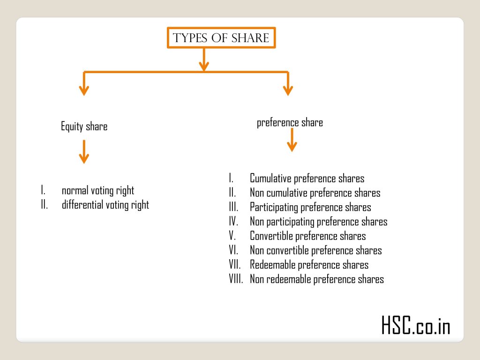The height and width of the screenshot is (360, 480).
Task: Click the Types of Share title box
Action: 221,38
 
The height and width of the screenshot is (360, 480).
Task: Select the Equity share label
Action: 84,127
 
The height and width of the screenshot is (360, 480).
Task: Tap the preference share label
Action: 290,123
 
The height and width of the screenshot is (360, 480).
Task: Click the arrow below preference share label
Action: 292,140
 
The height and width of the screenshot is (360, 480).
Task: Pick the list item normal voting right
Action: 97,190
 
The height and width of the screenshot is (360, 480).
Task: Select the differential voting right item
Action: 105,205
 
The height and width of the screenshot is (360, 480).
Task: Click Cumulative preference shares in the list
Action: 307,179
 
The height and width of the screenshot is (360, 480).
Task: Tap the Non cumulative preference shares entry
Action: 315,193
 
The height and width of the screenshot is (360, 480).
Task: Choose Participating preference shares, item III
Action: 310,207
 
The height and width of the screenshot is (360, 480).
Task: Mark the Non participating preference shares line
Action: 318,222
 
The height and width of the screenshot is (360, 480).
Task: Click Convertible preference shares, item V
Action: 307,236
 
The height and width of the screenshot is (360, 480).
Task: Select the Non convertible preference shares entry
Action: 315,250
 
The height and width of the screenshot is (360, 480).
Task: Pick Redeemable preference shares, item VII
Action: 309,265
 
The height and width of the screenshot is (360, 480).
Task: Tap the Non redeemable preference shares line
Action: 316,279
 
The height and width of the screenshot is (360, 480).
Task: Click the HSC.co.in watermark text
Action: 416,326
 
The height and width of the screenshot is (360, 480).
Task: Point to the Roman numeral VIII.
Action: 236,279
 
